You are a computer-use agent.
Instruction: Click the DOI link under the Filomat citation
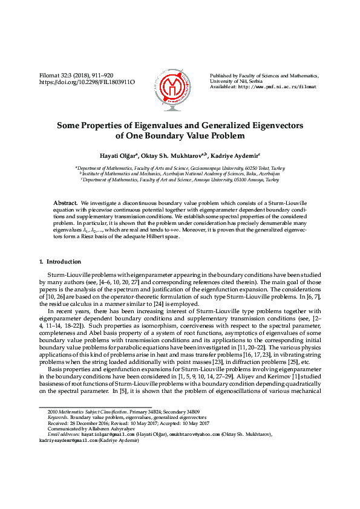[x=87, y=82]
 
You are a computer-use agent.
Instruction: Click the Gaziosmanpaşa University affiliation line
[x=180, y=167]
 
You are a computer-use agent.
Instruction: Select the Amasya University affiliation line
[x=180, y=180]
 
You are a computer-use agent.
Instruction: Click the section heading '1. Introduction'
[x=60, y=262]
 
